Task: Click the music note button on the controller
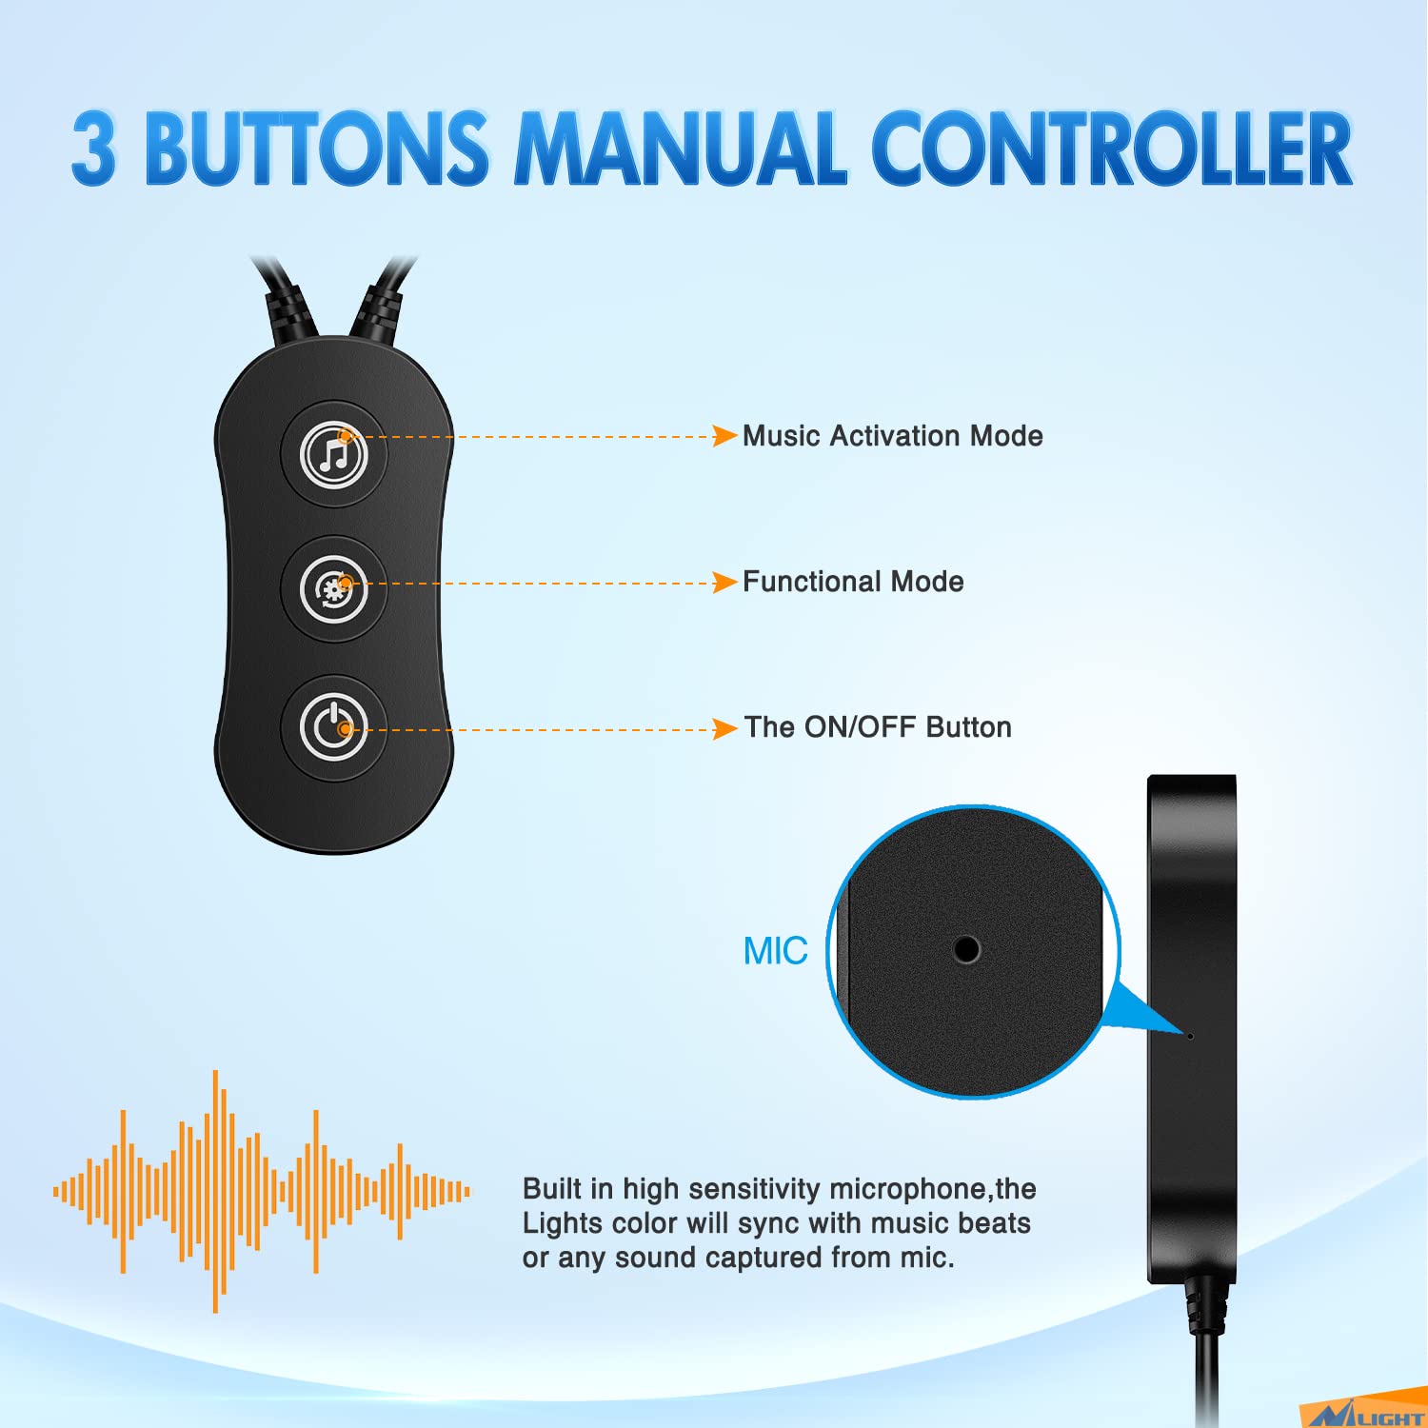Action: tap(334, 454)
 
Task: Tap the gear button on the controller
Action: tap(334, 589)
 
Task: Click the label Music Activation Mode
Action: tap(893, 436)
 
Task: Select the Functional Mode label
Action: tap(853, 582)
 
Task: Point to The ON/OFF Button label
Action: tap(878, 727)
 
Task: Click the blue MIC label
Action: tap(775, 951)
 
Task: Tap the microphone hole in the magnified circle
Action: tap(966, 949)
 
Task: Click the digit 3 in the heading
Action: tap(94, 148)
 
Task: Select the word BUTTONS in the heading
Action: tap(317, 148)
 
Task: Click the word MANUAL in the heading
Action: tap(681, 148)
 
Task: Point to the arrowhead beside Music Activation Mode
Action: tap(725, 436)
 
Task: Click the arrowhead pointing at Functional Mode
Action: tap(725, 582)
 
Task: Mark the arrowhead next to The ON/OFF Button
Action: tap(725, 728)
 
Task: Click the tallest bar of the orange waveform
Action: tap(216, 1191)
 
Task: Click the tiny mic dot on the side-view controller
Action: tap(1191, 1035)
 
